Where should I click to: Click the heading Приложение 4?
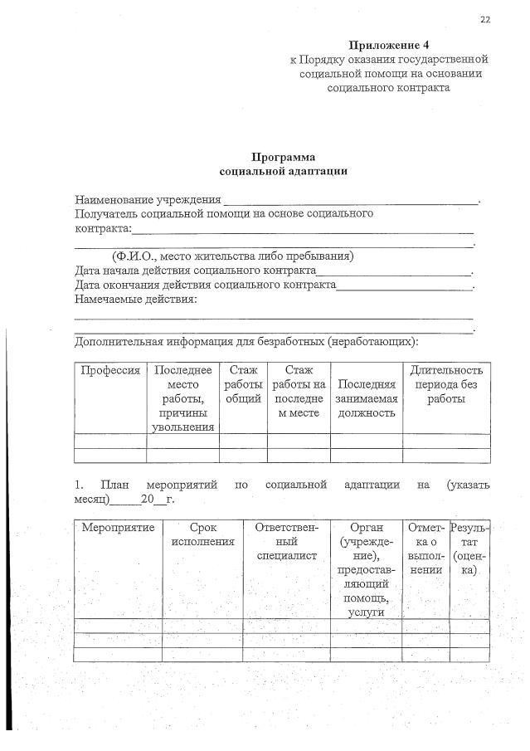pos(388,45)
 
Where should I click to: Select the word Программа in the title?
pos(284,157)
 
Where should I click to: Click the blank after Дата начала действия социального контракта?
pos(393,271)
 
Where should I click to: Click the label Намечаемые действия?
pos(136,299)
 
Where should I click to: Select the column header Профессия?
pos(110,370)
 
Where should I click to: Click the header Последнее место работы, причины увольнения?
pos(182,398)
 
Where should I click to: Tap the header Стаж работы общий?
pos(243,384)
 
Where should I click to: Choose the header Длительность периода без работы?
pos(446,384)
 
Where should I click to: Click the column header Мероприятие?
pos(118,527)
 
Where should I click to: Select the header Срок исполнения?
pos(202,534)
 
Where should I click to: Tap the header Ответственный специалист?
pos(287,541)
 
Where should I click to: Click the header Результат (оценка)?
pos(469,549)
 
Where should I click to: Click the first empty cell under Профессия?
pos(110,441)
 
